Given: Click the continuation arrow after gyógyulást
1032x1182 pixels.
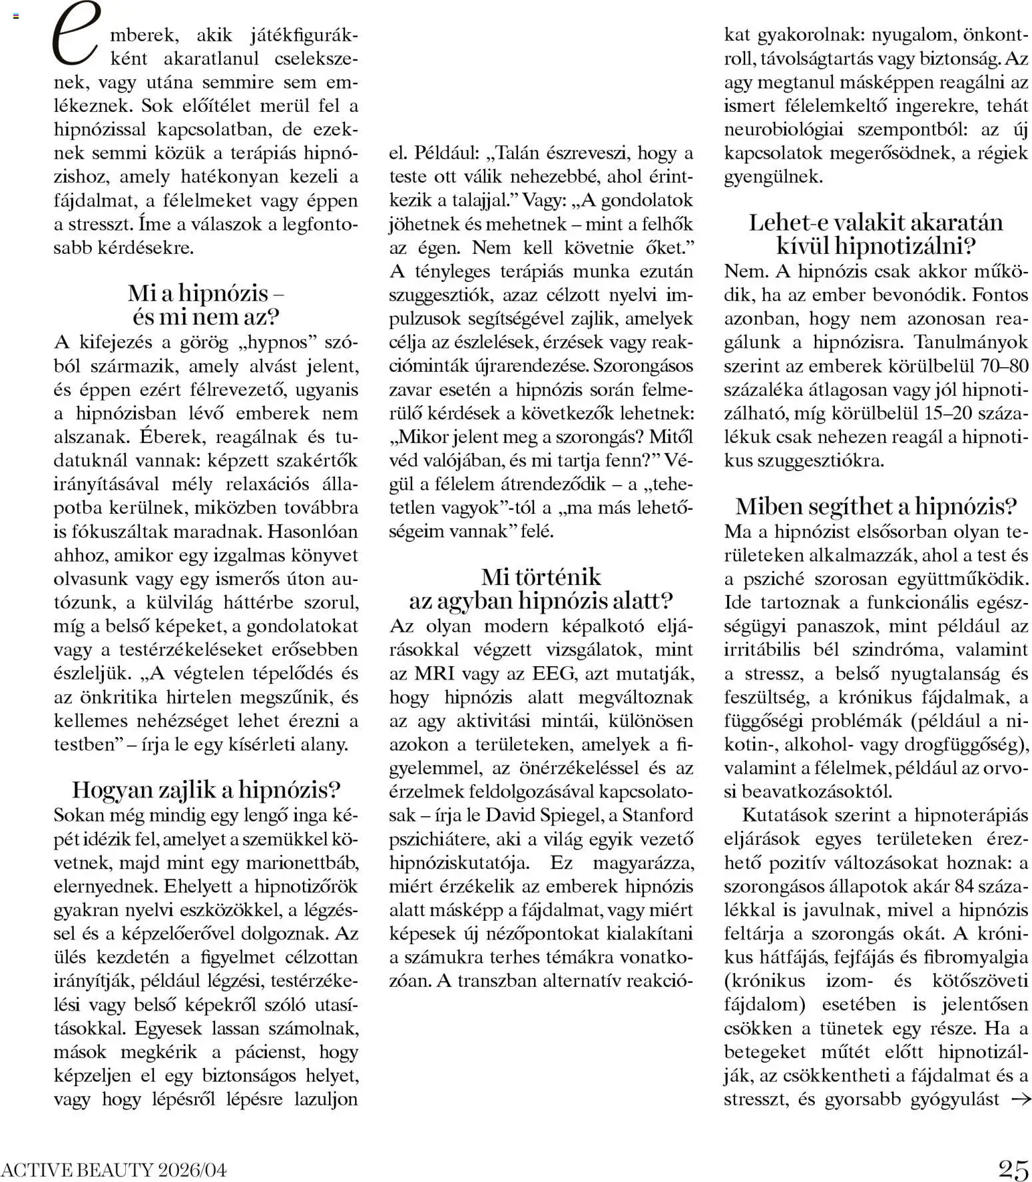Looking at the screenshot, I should pyautogui.click(x=1020, y=1099).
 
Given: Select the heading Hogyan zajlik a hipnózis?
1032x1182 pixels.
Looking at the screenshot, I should pyautogui.click(x=206, y=790).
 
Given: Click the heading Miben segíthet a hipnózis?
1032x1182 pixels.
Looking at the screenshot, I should pyautogui.click(x=876, y=506).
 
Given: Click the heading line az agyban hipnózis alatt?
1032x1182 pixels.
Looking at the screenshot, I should pyautogui.click(x=541, y=601).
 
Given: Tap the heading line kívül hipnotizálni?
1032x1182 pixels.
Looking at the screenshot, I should pyautogui.click(x=876, y=246).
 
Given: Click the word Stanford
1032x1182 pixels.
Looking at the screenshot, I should pyautogui.click(x=657, y=816).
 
